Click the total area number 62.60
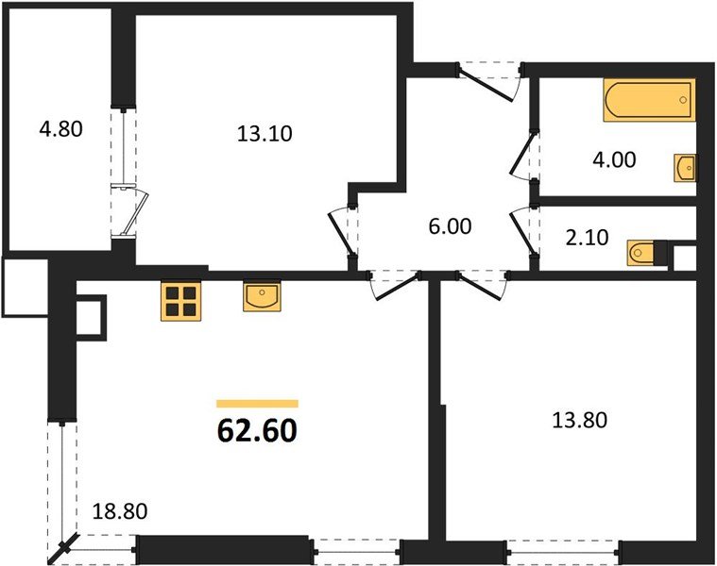point(257,430)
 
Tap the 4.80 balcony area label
point(61,127)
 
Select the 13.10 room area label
point(265,133)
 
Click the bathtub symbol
point(648,101)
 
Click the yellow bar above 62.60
point(257,404)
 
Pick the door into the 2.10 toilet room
point(522,231)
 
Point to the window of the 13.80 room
point(563,547)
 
